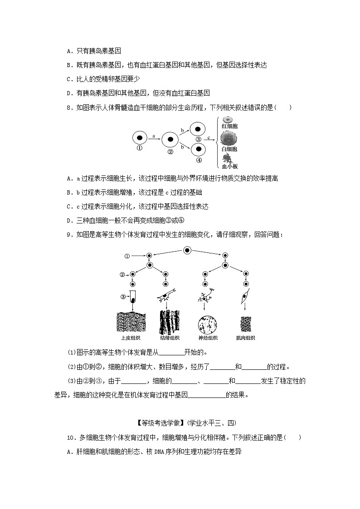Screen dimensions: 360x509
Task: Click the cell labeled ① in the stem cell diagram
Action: (140, 137)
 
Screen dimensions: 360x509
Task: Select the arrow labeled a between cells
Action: (154, 138)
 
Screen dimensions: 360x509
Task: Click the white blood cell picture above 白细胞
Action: (229, 138)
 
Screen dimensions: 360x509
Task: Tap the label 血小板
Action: (230, 166)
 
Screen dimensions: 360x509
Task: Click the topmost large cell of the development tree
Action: (187, 251)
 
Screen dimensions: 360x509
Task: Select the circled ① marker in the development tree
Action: (127, 256)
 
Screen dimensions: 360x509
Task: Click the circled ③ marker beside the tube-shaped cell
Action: (122, 297)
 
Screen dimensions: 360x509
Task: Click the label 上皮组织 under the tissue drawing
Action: (131, 338)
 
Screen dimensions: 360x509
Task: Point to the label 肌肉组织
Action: (245, 338)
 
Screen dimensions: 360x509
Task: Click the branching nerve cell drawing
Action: (206, 298)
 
